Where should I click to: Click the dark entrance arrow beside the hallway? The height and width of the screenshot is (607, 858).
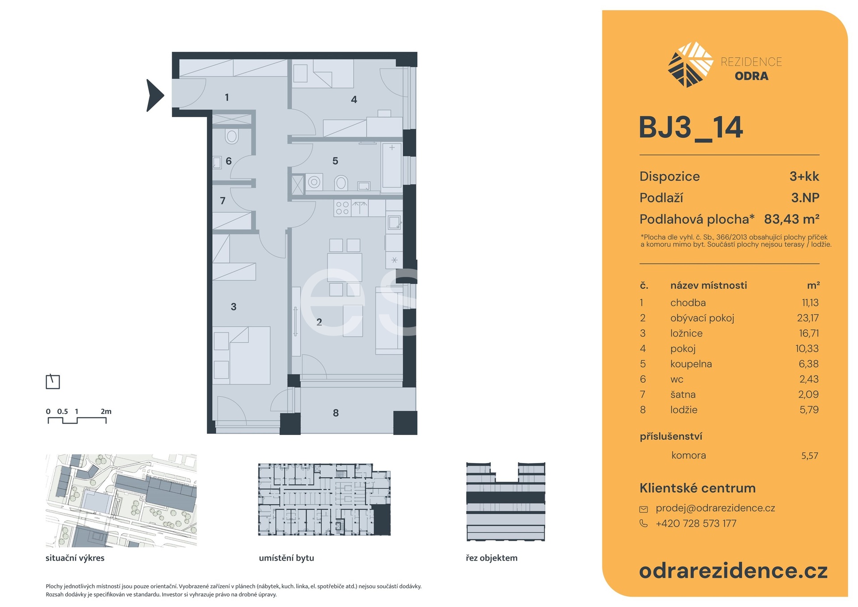[x=155, y=95]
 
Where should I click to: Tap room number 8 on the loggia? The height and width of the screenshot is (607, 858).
[x=336, y=413]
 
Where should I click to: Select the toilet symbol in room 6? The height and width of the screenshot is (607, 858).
[x=231, y=135]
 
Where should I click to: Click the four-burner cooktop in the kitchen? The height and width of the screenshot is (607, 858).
[x=342, y=208]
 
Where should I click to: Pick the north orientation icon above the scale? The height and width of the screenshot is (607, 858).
[x=53, y=381]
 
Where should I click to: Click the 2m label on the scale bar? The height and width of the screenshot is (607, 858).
[x=106, y=411]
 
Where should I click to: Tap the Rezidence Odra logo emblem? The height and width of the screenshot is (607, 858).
[x=690, y=64]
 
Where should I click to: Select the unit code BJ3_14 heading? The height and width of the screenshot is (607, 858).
[x=690, y=128]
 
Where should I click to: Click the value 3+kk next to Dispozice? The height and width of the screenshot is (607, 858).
[x=804, y=176]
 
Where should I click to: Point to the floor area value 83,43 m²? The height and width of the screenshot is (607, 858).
[x=791, y=219]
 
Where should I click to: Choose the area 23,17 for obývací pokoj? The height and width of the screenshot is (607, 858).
[x=808, y=318]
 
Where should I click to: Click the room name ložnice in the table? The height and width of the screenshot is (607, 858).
[x=686, y=333]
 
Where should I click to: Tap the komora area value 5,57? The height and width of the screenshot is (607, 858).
[x=809, y=455]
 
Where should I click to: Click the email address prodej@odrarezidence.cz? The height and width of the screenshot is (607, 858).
[x=715, y=508]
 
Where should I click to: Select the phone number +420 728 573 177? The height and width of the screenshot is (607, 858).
[x=696, y=523]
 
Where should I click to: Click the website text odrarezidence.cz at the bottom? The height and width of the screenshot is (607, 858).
[x=733, y=571]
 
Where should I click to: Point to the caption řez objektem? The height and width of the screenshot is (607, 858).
[x=492, y=558]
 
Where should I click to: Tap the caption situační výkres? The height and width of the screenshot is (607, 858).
[x=75, y=558]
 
